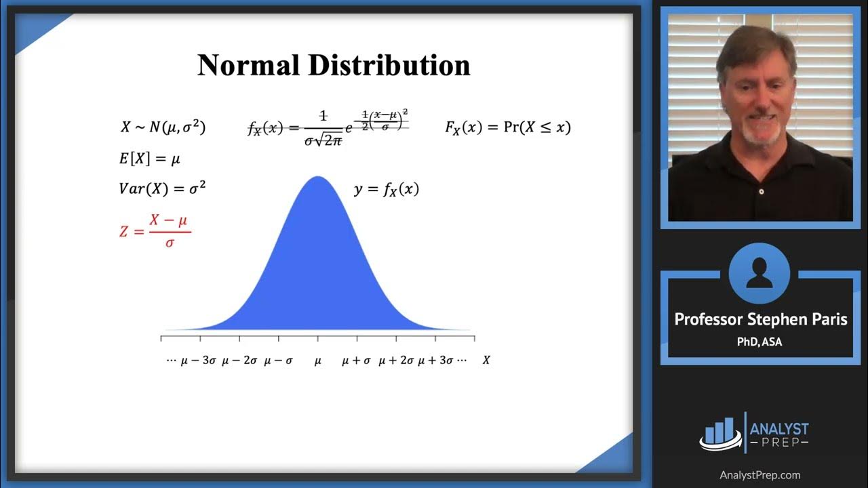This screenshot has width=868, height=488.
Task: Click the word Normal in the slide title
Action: [x=248, y=66]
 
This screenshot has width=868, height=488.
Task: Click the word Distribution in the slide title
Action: [x=389, y=66]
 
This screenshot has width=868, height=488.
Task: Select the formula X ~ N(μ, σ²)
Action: [x=163, y=127]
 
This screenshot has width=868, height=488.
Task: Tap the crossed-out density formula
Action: [x=328, y=127]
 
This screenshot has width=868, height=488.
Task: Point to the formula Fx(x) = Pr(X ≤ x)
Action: [x=508, y=127]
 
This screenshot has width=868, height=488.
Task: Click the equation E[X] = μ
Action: [x=149, y=159]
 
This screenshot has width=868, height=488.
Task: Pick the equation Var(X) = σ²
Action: [x=162, y=188]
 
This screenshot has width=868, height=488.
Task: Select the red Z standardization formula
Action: [x=155, y=231]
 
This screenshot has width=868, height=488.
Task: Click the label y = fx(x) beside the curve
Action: [x=387, y=190]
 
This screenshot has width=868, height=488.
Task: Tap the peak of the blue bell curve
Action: [x=317, y=179]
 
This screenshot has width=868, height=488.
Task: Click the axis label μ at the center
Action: [x=317, y=361]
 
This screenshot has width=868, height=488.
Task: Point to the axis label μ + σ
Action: [x=356, y=361]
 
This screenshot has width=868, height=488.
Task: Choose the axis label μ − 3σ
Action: [x=198, y=361]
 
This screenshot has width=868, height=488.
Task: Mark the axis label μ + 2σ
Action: [x=397, y=361]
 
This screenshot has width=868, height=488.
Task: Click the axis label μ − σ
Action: [x=278, y=361]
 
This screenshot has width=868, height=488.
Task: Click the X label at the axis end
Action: [x=486, y=361]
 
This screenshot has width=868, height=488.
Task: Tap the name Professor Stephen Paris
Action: [x=760, y=319]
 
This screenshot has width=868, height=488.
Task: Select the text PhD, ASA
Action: [x=759, y=342]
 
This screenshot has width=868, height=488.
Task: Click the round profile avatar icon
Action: [x=759, y=274]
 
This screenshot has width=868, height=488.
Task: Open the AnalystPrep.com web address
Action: [x=759, y=475]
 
